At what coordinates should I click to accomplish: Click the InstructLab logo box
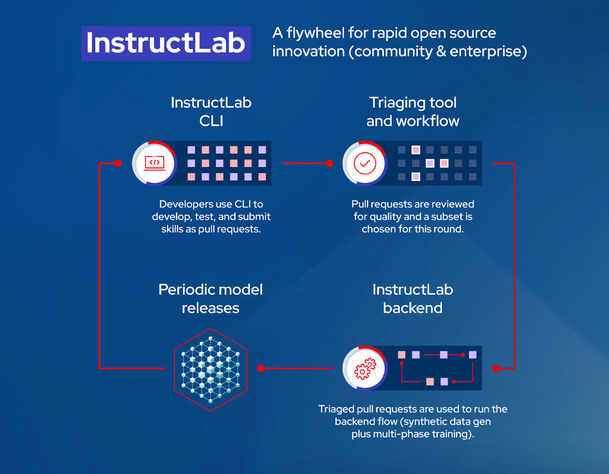point(166,43)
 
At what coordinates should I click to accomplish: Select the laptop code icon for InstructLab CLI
point(154,163)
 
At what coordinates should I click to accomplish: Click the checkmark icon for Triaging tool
point(365,163)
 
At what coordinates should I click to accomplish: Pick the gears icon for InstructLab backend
point(365,368)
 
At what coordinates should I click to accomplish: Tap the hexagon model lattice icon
point(210,369)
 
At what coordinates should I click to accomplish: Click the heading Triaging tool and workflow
point(413,112)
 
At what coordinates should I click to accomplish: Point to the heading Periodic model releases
point(210,299)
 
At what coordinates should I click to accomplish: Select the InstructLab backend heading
point(413,299)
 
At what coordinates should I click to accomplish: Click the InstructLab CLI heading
point(211,112)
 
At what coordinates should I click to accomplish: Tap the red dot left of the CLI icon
point(118,163)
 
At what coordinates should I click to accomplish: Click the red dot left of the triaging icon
point(329,163)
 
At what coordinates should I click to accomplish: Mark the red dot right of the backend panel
point(496,368)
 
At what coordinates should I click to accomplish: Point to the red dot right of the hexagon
point(261,368)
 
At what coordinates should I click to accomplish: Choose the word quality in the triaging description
point(384,216)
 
